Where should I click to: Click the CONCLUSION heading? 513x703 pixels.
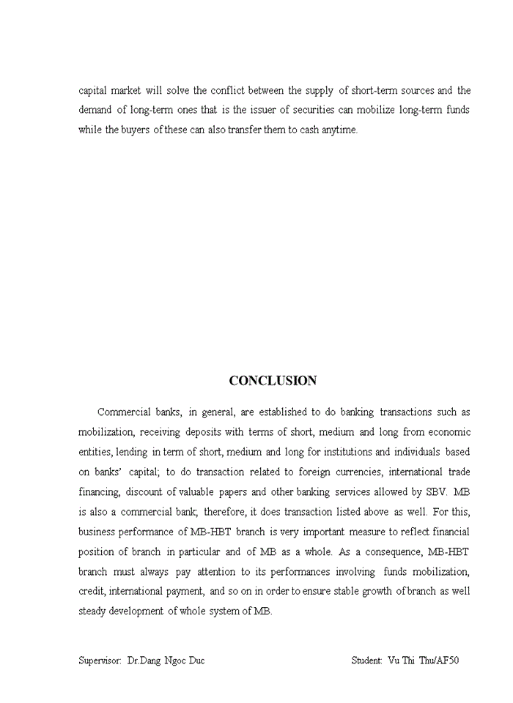point(273,381)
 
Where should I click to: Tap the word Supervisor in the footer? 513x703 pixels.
point(100,661)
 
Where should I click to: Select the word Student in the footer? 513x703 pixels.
point(366,661)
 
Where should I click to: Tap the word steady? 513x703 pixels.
point(92,611)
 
